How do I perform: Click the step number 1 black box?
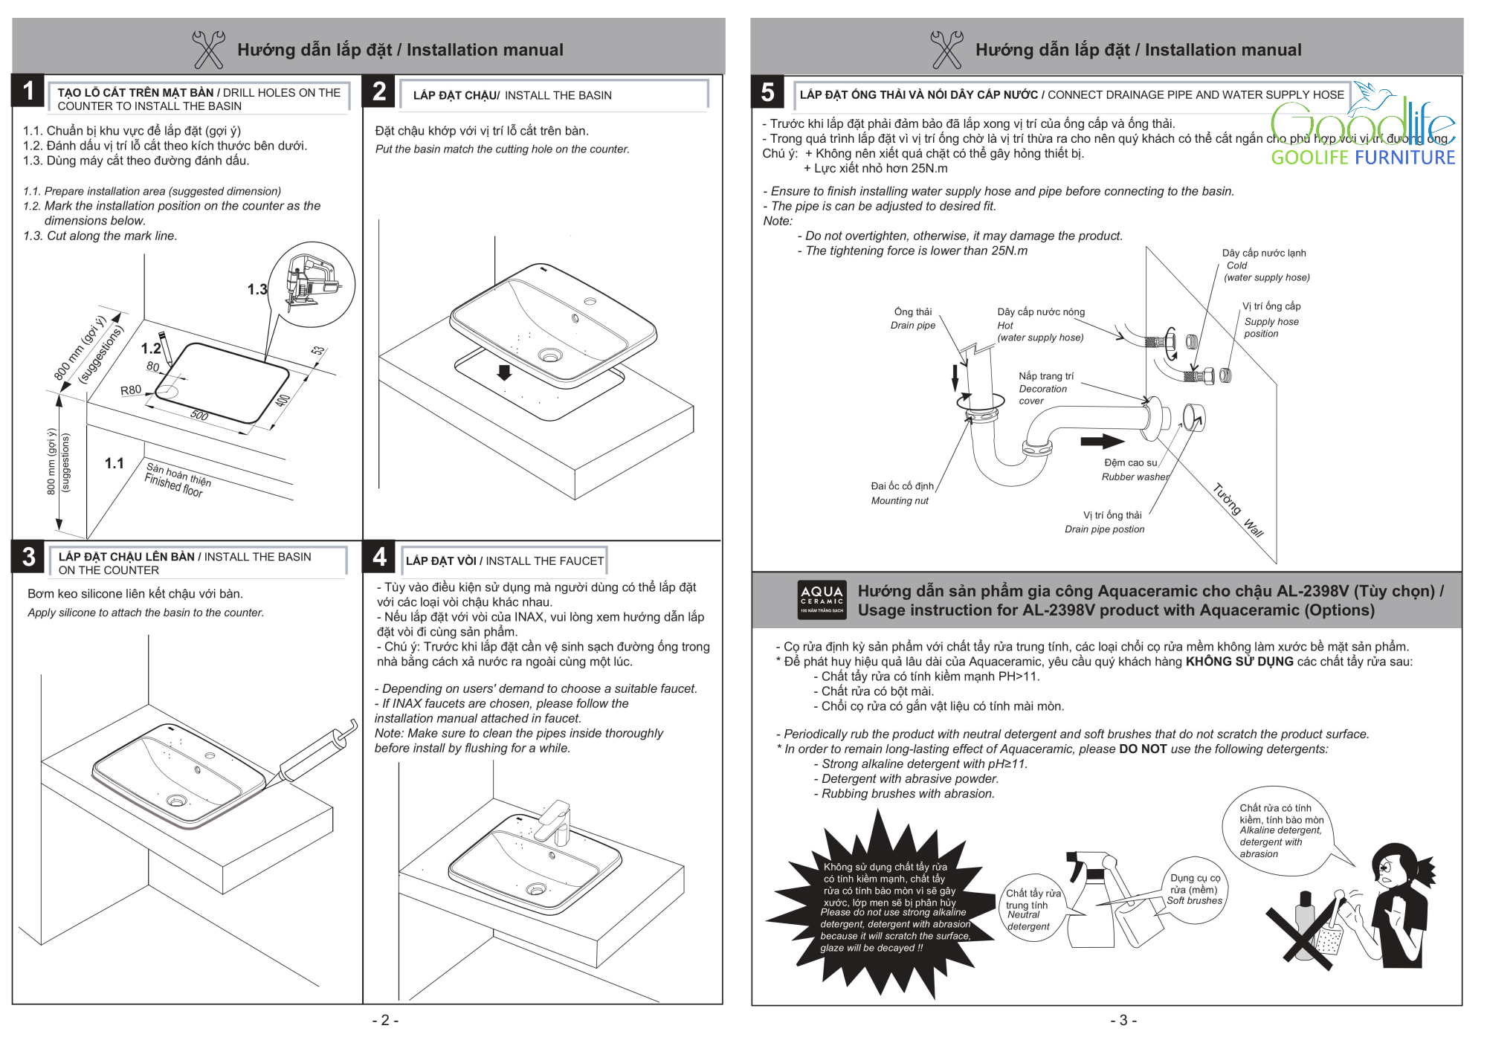(28, 91)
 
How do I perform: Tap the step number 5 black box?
(767, 92)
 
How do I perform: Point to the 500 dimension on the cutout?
(199, 415)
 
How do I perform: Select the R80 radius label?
(131, 390)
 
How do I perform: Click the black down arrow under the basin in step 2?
(504, 372)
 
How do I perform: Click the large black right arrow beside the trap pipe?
(1102, 442)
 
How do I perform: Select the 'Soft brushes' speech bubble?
(1194, 890)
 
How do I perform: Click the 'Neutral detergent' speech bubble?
(1031, 908)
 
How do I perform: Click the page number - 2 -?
(385, 1020)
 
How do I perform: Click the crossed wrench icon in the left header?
(208, 49)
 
